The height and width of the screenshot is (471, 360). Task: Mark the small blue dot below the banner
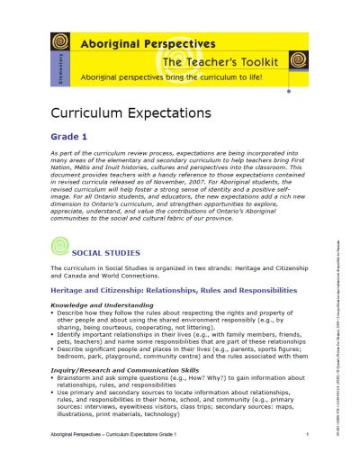point(288,91)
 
